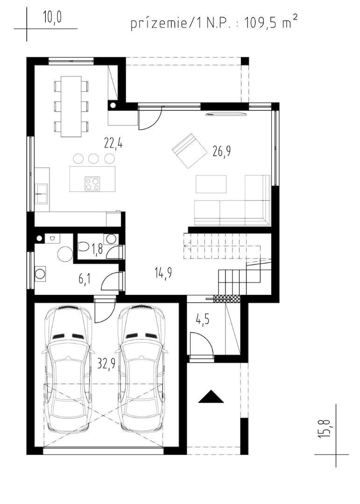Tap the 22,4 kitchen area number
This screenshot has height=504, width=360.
113,142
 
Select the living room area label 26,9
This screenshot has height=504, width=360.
222,151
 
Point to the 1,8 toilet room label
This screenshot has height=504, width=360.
97,248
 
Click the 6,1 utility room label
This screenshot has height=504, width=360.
85,278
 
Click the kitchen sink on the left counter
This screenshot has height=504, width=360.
42,193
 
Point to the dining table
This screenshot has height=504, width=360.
71,106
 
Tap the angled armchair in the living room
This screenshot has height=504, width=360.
190,150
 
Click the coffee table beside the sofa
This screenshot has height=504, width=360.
211,184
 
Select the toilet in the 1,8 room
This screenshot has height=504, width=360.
83,246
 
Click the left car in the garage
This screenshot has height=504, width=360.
67,369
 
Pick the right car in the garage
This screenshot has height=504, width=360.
142,369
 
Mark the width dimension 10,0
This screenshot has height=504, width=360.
53,18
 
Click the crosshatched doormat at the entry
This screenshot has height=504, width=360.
227,299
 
